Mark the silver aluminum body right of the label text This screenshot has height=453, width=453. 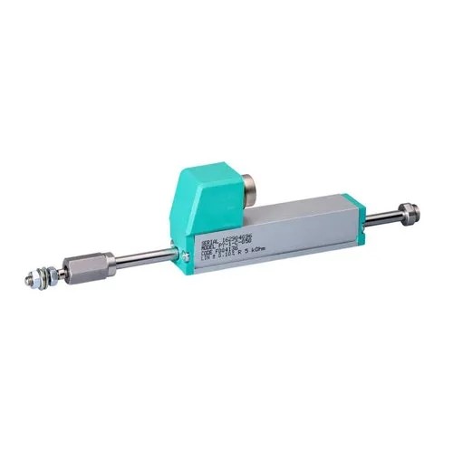click(x=308, y=226)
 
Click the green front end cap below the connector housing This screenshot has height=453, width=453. click(x=188, y=249)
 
